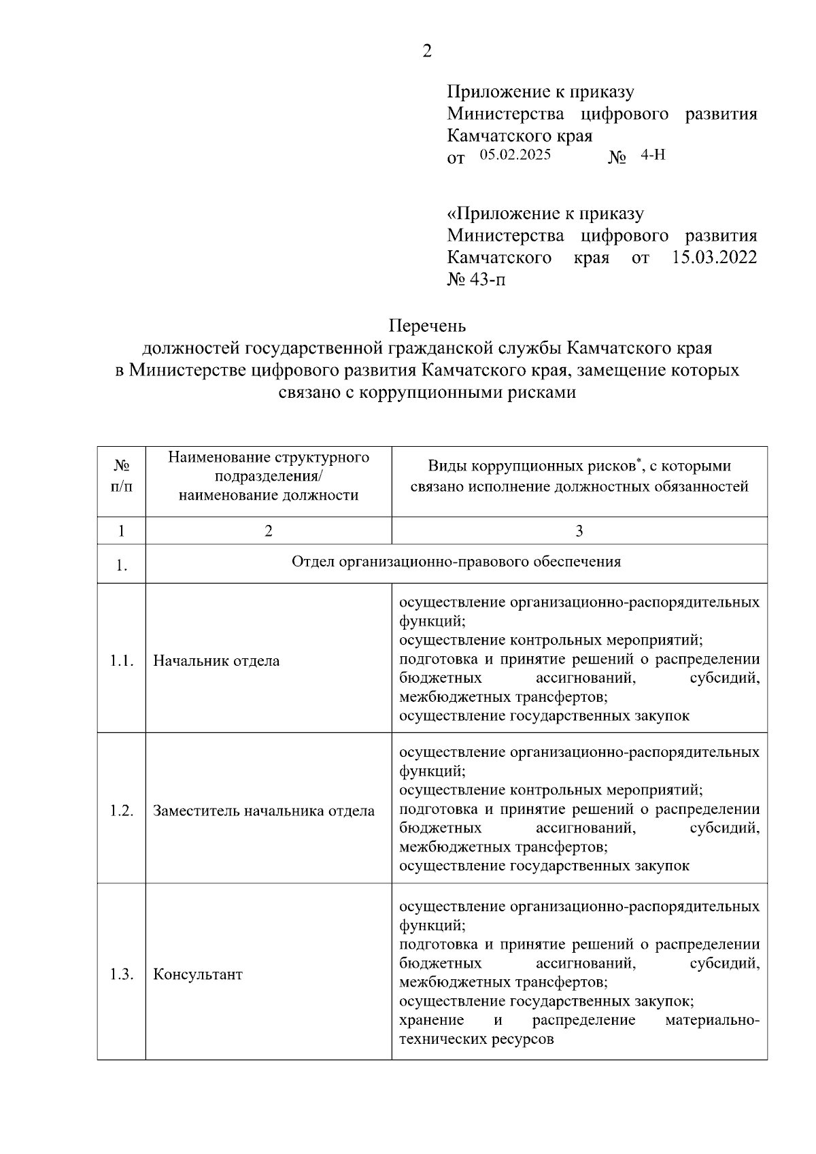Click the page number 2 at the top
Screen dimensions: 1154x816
tap(427, 52)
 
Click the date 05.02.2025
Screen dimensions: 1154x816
tap(515, 155)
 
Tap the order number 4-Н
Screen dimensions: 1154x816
tap(653, 155)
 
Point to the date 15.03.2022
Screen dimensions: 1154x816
tap(714, 258)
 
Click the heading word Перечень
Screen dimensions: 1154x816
tap(427, 326)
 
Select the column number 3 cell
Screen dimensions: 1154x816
tap(579, 531)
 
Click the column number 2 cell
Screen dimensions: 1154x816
tap(269, 531)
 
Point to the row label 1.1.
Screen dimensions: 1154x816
tap(121, 661)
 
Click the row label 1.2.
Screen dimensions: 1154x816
tap(121, 811)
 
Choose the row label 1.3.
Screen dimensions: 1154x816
tap(121, 974)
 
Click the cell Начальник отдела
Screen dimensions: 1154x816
tap(216, 661)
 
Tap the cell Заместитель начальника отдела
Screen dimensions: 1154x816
tap(264, 811)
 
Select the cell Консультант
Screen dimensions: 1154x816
tap(198, 974)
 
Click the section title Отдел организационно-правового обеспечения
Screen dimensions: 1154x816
tap(456, 562)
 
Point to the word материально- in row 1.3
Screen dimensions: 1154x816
tap(713, 1020)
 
